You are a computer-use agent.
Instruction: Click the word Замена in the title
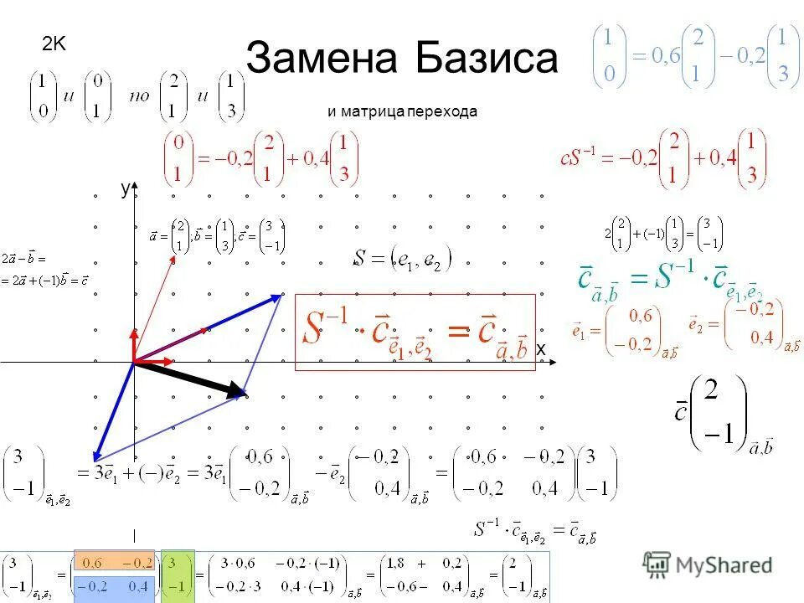(x=322, y=59)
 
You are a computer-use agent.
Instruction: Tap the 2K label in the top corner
(x=54, y=44)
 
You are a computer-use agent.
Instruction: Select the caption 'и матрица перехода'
(x=402, y=111)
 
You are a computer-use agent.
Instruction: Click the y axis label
(x=124, y=189)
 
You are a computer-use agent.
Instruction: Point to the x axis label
(x=541, y=348)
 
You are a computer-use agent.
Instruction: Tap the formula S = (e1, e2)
(x=402, y=259)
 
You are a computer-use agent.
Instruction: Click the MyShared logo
(x=708, y=565)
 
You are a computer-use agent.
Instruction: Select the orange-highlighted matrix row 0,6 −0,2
(x=114, y=563)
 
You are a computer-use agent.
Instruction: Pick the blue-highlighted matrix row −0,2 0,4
(x=114, y=586)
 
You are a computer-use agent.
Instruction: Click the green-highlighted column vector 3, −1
(x=178, y=575)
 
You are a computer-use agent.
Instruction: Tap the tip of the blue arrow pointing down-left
(x=95, y=457)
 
